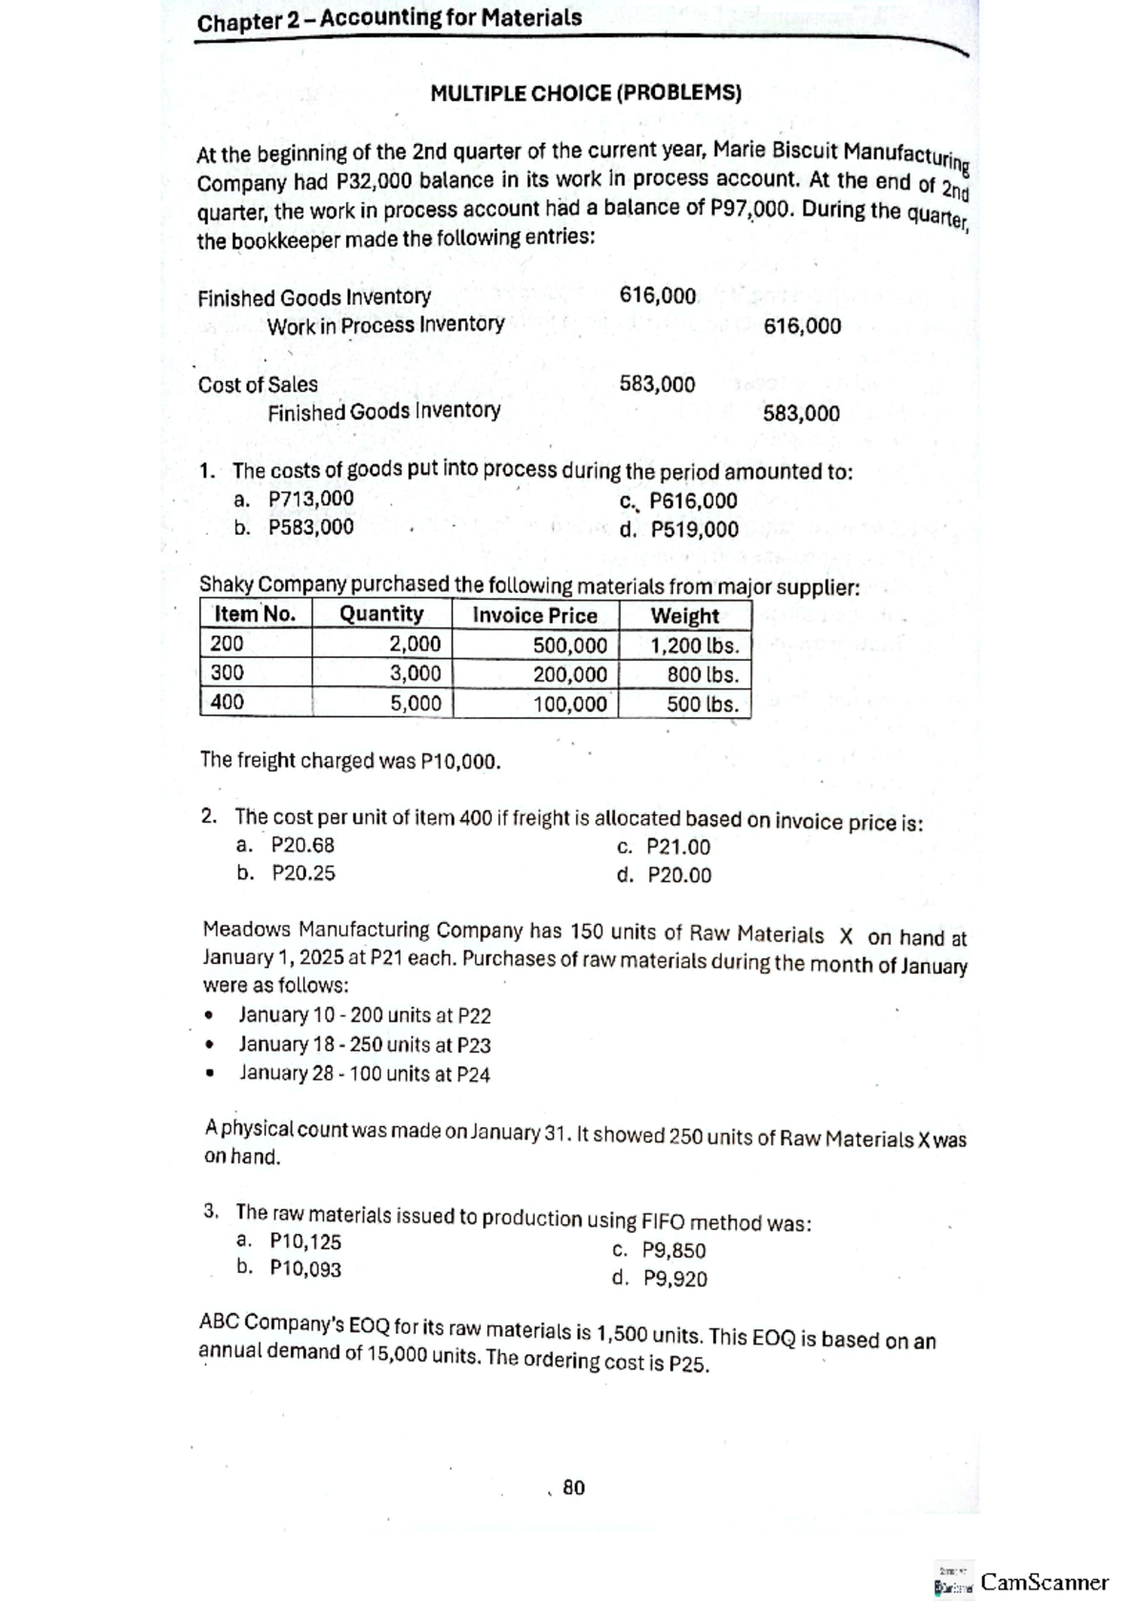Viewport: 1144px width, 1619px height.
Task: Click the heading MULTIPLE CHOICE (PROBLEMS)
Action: point(585,93)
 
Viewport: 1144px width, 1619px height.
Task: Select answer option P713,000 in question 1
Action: point(310,499)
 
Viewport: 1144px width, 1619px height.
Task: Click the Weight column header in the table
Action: point(684,616)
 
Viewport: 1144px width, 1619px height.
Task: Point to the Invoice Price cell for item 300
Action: point(569,675)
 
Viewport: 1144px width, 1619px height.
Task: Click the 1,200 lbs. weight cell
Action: point(694,646)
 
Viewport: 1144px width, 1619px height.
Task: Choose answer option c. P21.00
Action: point(664,847)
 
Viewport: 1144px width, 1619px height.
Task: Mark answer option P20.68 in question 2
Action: point(302,845)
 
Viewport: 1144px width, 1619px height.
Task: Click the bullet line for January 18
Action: point(364,1045)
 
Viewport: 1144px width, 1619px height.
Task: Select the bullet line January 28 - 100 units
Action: point(364,1074)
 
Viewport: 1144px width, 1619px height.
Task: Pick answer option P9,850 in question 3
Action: point(673,1251)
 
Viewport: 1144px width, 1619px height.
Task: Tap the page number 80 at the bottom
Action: point(574,1487)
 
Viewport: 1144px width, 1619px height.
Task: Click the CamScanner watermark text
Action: point(1044,1583)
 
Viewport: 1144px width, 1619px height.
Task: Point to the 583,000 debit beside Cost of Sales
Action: point(657,384)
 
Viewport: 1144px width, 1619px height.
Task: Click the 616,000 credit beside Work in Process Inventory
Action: point(802,327)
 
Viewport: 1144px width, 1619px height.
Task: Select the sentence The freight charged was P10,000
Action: point(350,761)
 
